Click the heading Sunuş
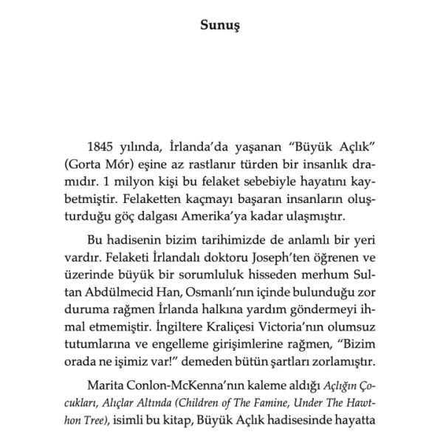(221, 25)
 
